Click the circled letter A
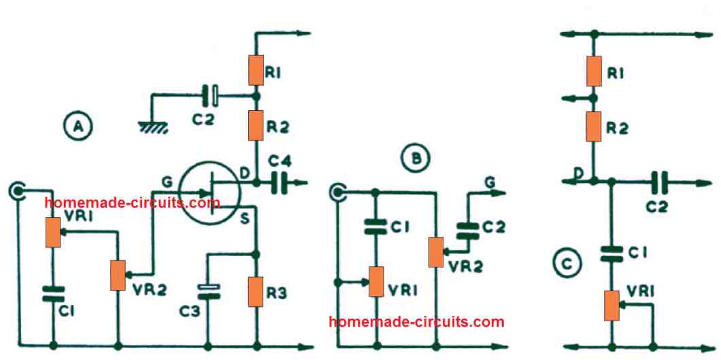coord(78,126)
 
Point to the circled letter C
coord(565,263)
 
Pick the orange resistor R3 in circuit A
coord(257,291)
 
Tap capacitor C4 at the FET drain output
coord(278,183)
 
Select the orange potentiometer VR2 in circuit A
coord(118,275)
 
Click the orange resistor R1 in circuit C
coord(594,71)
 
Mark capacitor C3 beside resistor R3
coord(209,291)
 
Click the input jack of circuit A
coord(16,190)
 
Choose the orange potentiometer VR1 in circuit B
coord(376,281)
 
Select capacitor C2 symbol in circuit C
coord(658,182)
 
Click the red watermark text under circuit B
coord(416,321)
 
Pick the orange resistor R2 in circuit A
coord(257,125)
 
